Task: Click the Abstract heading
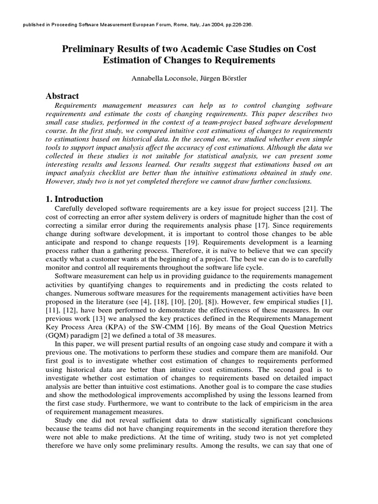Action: click(x=62, y=96)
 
